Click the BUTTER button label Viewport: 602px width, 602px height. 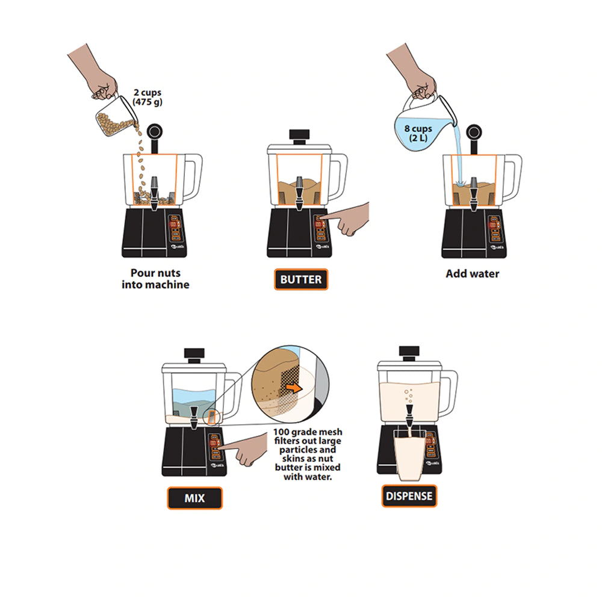point(301,279)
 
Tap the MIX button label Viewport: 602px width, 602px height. point(194,498)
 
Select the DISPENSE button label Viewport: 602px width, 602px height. point(409,496)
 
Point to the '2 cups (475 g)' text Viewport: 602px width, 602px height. point(147,98)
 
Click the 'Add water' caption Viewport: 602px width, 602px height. point(472,273)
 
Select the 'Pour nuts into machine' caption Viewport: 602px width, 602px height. point(155,278)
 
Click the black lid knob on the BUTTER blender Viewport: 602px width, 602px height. point(299,134)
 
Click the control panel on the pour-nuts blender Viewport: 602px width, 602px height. point(175,229)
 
